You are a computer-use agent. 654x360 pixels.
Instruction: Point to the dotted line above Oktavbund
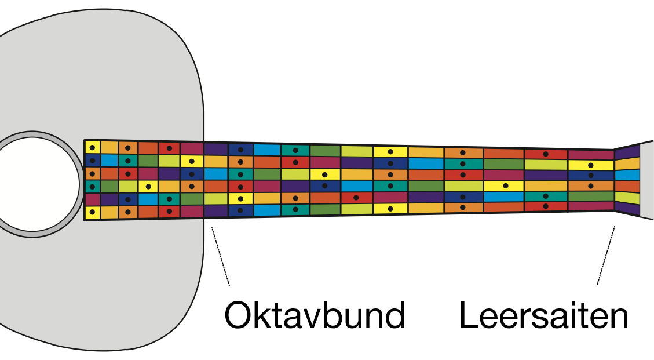[221, 256]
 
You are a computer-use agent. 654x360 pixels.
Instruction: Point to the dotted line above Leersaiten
[606, 256]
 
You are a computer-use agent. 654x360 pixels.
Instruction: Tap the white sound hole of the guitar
[35, 183]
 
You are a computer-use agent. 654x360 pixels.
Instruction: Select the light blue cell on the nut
[627, 175]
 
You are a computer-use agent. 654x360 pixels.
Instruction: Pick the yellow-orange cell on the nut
[627, 163]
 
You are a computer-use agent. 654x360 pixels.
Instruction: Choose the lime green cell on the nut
[627, 198]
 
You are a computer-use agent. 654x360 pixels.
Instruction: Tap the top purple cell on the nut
[627, 152]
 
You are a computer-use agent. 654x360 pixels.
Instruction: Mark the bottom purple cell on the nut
[627, 209]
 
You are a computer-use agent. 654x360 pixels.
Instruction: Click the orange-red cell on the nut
[627, 186]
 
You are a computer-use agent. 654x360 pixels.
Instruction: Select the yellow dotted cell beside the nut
[590, 165]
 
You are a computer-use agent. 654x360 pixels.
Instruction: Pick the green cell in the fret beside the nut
[590, 196]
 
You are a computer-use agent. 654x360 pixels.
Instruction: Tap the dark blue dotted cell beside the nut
[590, 175]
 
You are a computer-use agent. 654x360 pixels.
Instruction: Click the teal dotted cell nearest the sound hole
[92, 186]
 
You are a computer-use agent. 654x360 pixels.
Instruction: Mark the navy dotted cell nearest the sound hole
[92, 160]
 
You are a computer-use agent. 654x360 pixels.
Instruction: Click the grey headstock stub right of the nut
[646, 180]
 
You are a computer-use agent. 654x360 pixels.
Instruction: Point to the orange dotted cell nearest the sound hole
[92, 173]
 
